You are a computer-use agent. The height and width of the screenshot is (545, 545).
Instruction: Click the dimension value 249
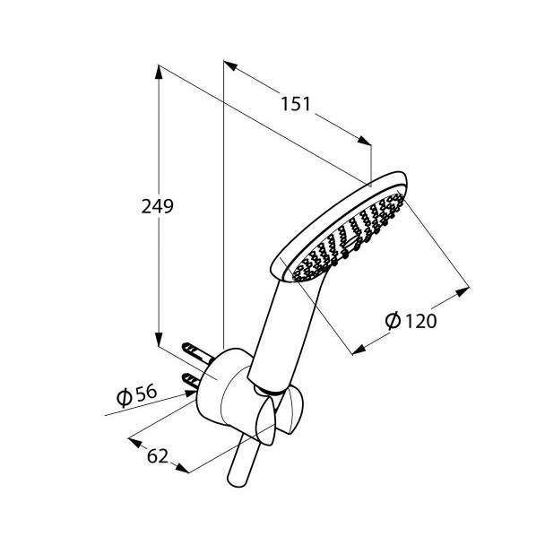point(157,207)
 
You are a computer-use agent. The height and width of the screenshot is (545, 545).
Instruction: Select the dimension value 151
point(295,104)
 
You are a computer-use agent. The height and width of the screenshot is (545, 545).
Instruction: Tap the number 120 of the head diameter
point(421,321)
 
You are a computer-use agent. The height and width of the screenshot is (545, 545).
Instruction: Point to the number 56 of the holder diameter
point(145,393)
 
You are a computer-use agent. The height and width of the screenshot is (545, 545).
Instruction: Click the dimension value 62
point(158,456)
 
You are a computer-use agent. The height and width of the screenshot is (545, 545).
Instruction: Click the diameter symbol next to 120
point(394,320)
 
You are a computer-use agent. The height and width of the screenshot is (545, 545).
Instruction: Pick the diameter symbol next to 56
point(124,398)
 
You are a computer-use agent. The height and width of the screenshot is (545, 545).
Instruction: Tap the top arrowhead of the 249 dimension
point(159,73)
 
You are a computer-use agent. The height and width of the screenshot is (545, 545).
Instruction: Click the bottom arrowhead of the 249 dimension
point(159,339)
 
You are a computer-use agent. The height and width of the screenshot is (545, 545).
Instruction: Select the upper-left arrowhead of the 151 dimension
point(230,65)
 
